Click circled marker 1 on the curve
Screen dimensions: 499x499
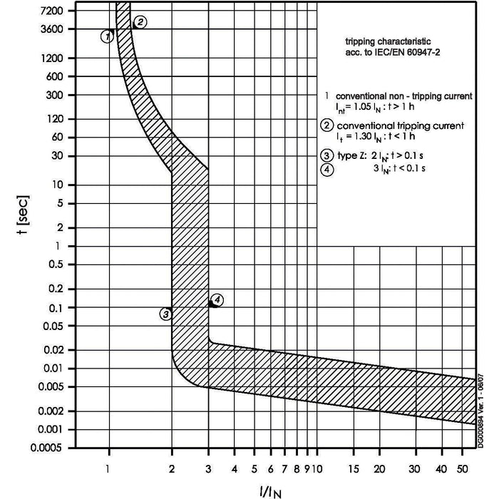click(107, 36)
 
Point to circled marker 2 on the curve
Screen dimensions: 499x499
click(140, 22)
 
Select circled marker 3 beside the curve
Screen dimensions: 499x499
click(165, 314)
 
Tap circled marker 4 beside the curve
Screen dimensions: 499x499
click(217, 300)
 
